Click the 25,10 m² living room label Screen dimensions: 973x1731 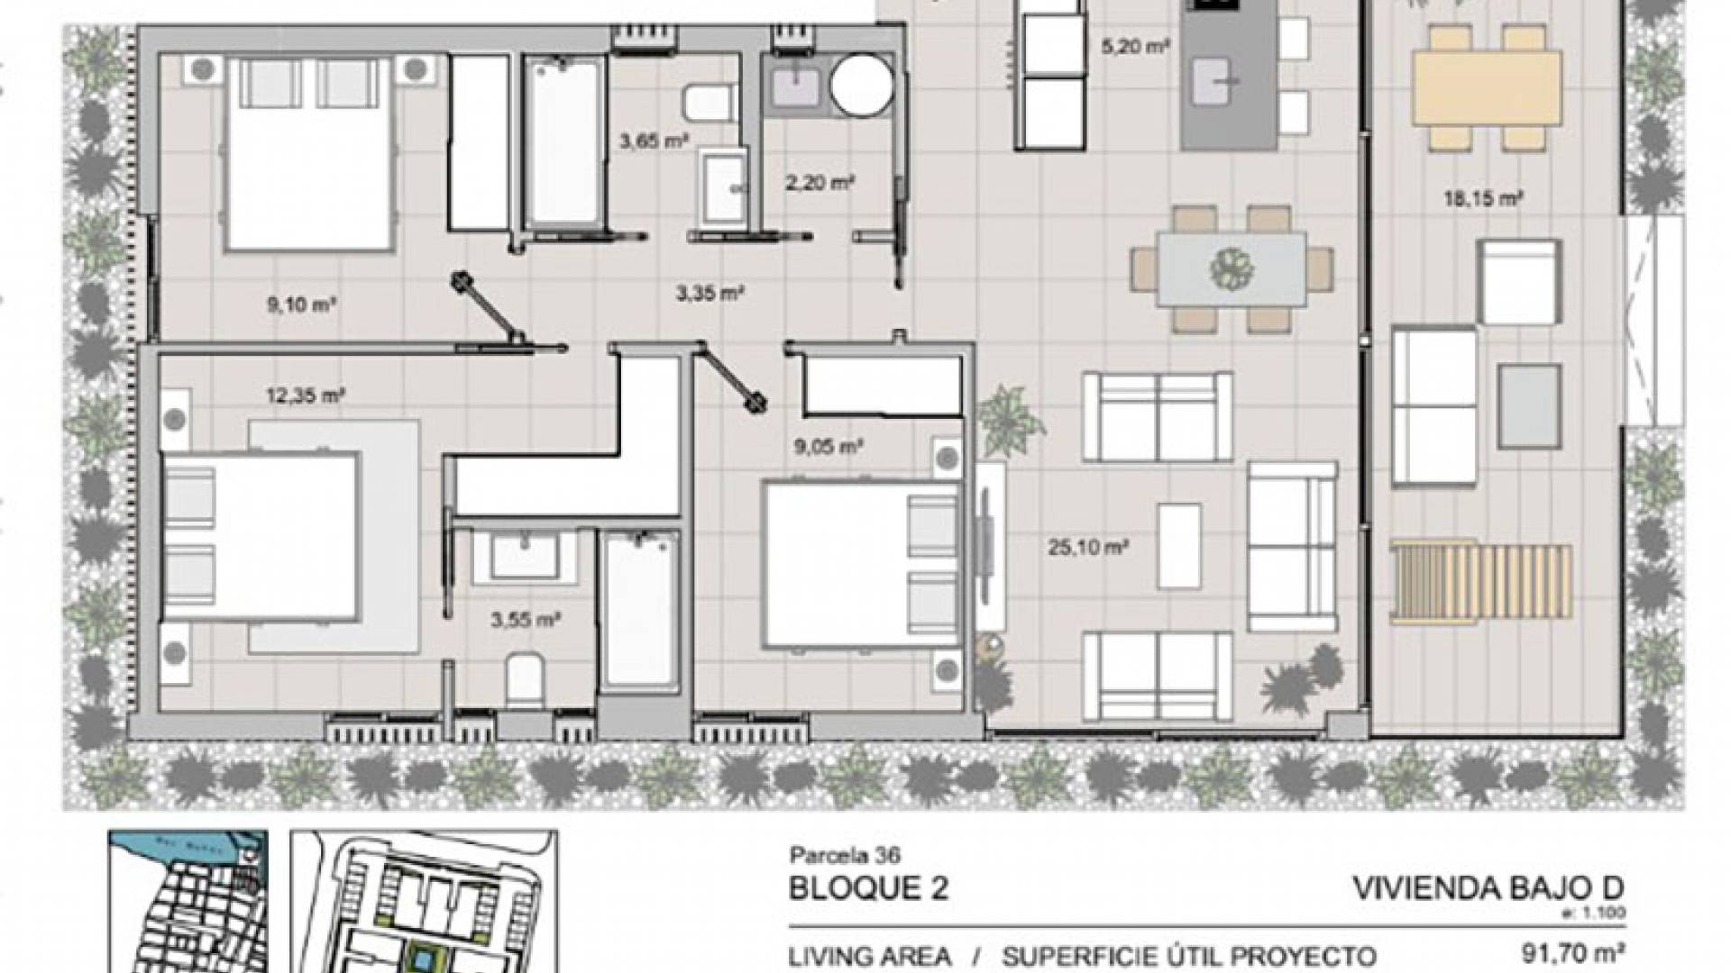pyautogui.click(x=1088, y=547)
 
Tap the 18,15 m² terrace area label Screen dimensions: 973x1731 pyautogui.click(x=1483, y=199)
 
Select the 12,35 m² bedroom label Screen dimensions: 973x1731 pyautogui.click(x=306, y=395)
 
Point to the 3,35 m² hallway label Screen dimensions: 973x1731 pyautogui.click(x=710, y=293)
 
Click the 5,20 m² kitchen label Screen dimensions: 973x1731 pyautogui.click(x=1134, y=46)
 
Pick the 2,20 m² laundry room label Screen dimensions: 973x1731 pyautogui.click(x=819, y=183)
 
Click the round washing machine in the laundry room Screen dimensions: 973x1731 pyautogui.click(x=861, y=86)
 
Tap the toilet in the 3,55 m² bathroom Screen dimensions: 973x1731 pyautogui.click(x=524, y=681)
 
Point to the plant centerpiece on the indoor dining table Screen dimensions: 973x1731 pyautogui.click(x=1232, y=268)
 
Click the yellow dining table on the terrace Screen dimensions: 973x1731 pyautogui.click(x=1487, y=86)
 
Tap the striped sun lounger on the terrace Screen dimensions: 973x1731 pyautogui.click(x=1481, y=581)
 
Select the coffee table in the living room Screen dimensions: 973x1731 pyautogui.click(x=1179, y=546)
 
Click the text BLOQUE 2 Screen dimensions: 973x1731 pyautogui.click(x=868, y=888)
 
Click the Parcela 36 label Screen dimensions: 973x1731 pyautogui.click(x=845, y=854)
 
